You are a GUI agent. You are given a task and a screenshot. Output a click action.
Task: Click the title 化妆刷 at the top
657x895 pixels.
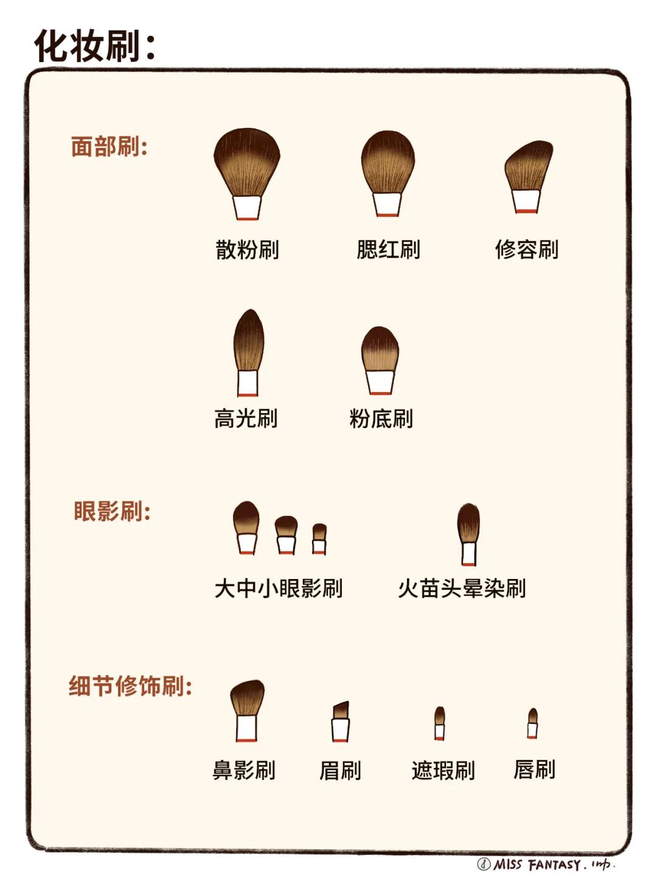click(94, 46)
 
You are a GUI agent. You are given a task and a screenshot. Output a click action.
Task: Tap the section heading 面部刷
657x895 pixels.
click(109, 147)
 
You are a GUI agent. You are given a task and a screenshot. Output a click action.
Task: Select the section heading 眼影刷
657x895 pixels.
click(112, 511)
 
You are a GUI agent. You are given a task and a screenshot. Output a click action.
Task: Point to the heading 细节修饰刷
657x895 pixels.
click(130, 686)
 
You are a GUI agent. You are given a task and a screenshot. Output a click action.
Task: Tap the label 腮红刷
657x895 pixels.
click(388, 250)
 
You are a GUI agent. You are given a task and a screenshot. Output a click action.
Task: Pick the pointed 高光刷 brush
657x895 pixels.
click(248, 341)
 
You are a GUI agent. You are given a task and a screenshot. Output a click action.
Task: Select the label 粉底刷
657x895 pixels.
click(381, 419)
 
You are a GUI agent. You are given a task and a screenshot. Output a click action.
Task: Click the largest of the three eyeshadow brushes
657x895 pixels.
click(246, 518)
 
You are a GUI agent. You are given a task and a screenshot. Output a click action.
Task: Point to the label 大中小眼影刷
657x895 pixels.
click(279, 589)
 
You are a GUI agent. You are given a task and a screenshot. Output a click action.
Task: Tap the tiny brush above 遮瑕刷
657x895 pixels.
click(439, 718)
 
